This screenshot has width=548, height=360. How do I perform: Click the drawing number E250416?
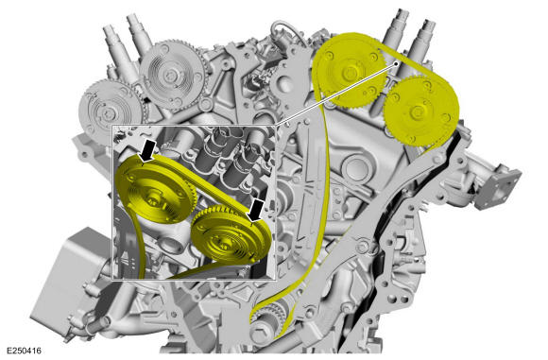(x=24, y=351)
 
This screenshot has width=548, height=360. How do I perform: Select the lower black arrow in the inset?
(x=255, y=211)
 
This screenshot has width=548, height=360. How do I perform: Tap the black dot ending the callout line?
(x=396, y=63)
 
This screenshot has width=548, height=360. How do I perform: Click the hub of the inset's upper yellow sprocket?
(x=153, y=200)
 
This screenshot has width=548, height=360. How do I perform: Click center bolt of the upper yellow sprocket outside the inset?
(x=348, y=72)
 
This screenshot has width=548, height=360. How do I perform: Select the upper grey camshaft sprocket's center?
(x=170, y=74)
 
